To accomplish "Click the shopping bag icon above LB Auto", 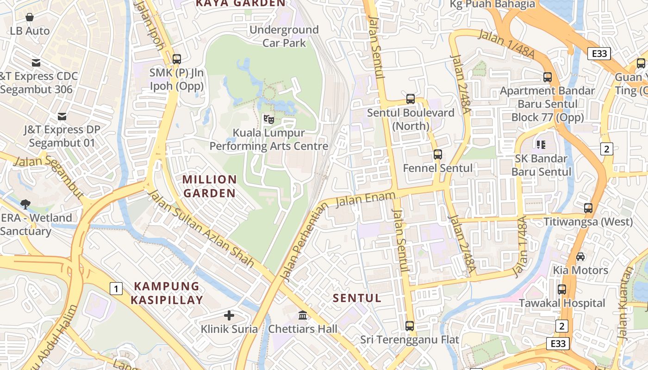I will coord(30,18).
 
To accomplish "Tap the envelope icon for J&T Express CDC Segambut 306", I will coord(36,63).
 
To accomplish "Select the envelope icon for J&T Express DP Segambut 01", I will coord(62,117).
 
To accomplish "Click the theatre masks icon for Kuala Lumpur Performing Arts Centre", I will coord(268,119).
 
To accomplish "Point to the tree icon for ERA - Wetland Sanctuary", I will coord(25,204).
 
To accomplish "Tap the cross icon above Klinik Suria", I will coord(229,316).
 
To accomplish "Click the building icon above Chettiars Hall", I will coord(303,315).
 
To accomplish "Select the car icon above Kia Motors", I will coord(580,257).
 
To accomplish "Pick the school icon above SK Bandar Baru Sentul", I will coord(541,145).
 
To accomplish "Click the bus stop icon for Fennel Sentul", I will coord(438,154).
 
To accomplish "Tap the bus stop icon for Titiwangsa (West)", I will coord(588,208).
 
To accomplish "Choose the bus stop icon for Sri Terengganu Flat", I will coord(410,326).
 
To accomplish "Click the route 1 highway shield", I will coord(116,289).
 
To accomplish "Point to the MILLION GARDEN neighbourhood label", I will coord(210,186).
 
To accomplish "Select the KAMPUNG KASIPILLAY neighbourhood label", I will coord(167,293).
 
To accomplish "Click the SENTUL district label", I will coord(357,298).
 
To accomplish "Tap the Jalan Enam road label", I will coord(365,200).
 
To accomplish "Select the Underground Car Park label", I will coord(284,37).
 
